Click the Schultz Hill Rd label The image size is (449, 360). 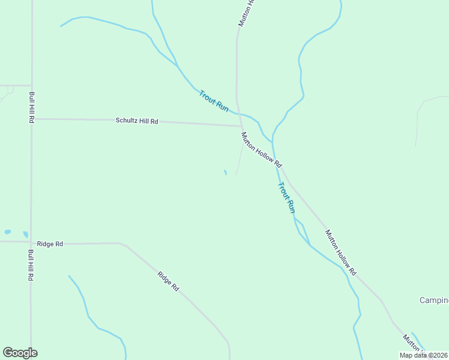[137, 121]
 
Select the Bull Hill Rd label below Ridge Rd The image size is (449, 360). [30, 266]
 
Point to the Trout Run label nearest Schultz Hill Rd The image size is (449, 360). [214, 100]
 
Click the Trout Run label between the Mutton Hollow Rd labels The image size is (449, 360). [286, 197]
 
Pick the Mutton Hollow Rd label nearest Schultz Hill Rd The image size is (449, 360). [261, 149]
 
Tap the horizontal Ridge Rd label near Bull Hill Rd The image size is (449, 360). [50, 244]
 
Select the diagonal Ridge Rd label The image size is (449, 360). [168, 282]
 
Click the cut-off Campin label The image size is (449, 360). [433, 300]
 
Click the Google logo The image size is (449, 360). [20, 353]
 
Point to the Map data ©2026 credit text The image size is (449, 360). [424, 355]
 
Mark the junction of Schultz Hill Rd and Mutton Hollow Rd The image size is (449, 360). [241, 126]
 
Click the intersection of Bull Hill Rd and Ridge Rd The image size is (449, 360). [31, 242]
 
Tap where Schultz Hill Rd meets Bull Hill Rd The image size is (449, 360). [32, 119]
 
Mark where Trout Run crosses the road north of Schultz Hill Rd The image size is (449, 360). [238, 112]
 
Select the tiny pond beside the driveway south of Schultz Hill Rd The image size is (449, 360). [225, 173]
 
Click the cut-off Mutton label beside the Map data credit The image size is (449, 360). [413, 343]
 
